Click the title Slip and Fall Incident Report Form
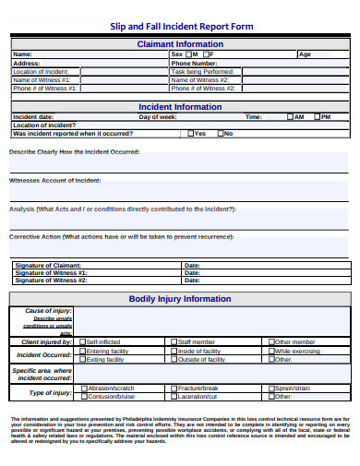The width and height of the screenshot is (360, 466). pyautogui.click(x=181, y=27)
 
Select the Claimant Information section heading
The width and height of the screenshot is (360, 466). pyautogui.click(x=180, y=43)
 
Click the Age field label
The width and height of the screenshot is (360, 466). pyautogui.click(x=305, y=54)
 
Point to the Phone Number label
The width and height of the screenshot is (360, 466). pyautogui.click(x=194, y=63)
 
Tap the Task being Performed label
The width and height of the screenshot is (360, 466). pyautogui.click(x=202, y=71)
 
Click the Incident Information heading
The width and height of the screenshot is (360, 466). pyautogui.click(x=180, y=107)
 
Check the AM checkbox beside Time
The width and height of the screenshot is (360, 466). pyautogui.click(x=289, y=117)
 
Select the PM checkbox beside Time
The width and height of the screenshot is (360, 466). pyautogui.click(x=317, y=117)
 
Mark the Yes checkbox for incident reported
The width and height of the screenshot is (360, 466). pyautogui.click(x=189, y=134)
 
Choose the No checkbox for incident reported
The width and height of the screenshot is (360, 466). pyautogui.click(x=220, y=134)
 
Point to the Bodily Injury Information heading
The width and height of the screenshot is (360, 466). pyautogui.click(x=180, y=299)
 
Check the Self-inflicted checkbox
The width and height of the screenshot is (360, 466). pyautogui.click(x=82, y=341)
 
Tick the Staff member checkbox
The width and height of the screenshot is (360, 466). pyautogui.click(x=174, y=341)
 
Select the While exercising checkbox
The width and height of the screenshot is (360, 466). pyautogui.click(x=271, y=351)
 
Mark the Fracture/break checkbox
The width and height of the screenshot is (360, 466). pyautogui.click(x=174, y=388)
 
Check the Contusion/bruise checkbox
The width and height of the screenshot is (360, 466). pyautogui.click(x=82, y=396)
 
